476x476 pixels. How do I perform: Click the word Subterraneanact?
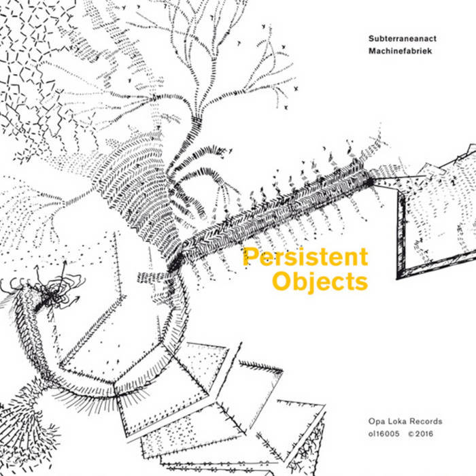pos(403,39)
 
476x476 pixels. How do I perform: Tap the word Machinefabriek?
pos(400,51)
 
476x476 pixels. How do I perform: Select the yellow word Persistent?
pos(305,257)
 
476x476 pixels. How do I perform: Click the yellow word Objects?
pos(320,282)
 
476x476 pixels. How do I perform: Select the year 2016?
pos(424,434)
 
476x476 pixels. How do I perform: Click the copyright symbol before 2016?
pos(411,434)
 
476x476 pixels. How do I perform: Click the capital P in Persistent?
pos(250,257)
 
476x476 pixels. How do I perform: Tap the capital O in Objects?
pos(281,281)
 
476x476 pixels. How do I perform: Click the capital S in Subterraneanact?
pos(371,39)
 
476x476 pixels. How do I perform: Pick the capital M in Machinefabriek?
pos(373,51)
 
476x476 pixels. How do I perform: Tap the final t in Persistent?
pos(364,258)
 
